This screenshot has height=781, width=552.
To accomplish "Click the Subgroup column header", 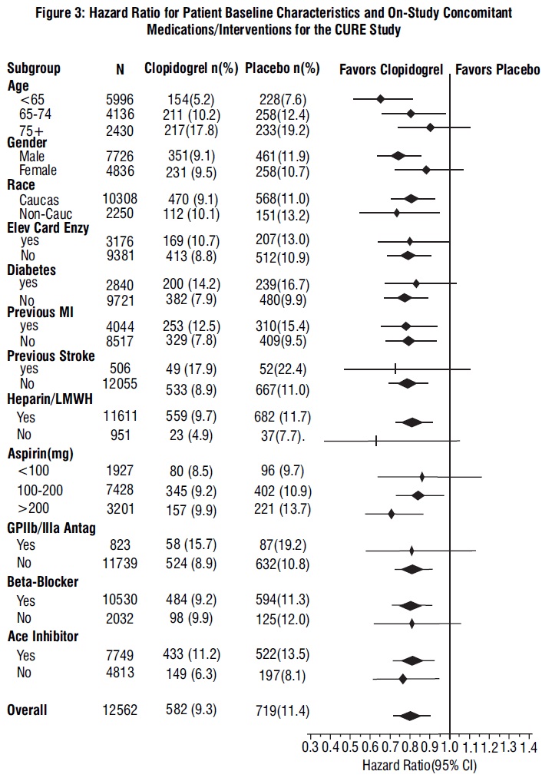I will [x=33, y=68].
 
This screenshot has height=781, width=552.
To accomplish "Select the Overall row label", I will [x=27, y=710].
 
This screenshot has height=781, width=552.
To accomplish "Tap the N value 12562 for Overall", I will [x=120, y=710].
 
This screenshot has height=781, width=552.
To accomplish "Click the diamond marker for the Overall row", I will [x=410, y=716].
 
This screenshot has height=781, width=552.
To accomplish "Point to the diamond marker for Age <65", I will [x=380, y=98].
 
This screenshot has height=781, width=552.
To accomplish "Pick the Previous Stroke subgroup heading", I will [x=51, y=356].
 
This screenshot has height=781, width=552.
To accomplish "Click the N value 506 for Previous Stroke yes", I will [x=120, y=369].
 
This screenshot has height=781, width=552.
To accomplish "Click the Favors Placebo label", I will [x=497, y=69].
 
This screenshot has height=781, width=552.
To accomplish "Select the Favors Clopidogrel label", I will [x=392, y=69].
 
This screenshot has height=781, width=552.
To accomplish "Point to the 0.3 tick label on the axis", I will [x=311, y=746].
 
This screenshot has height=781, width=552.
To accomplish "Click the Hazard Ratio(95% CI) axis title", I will [x=421, y=766].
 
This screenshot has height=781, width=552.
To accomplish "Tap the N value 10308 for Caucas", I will [x=120, y=200].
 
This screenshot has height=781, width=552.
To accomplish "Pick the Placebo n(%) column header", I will [x=282, y=68].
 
